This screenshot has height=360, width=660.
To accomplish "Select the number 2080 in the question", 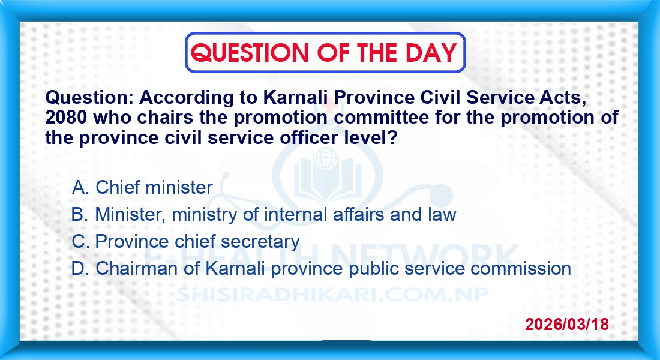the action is [x=66, y=118].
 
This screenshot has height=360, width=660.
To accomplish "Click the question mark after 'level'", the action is [x=393, y=137].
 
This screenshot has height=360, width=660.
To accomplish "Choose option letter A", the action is [x=80, y=187].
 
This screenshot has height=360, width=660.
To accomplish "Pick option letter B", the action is [x=80, y=214].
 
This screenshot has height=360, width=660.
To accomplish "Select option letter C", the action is [x=80, y=241].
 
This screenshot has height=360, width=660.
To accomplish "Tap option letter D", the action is [x=80, y=268].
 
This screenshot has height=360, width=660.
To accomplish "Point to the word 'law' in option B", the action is [x=442, y=214].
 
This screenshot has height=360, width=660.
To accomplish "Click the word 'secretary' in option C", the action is [x=260, y=242].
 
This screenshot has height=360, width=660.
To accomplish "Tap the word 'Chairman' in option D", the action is [x=136, y=269].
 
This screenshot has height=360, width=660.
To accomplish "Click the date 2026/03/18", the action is [x=567, y=324].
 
